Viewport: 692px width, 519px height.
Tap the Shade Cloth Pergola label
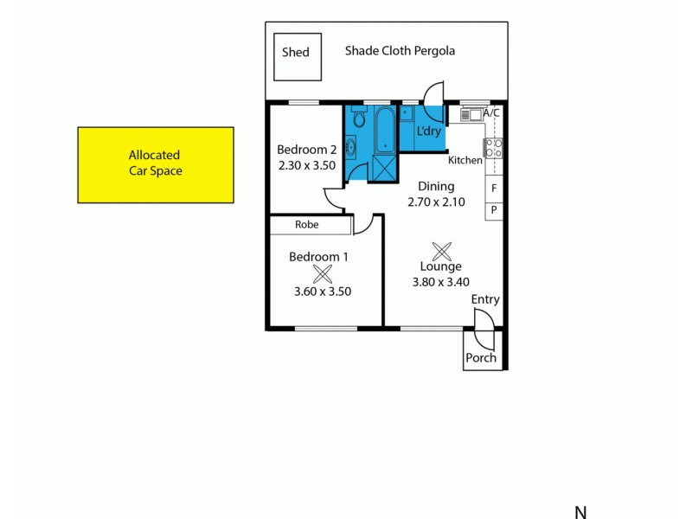coord(400,51)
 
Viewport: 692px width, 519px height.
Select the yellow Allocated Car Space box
coord(156,164)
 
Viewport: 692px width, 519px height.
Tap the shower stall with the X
coord(383,168)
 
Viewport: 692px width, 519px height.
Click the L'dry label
coord(430,131)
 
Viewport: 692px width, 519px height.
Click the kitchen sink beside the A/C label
coord(471,113)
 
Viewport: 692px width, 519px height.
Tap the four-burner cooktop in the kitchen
coord(494,148)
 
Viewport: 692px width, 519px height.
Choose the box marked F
coord(494,188)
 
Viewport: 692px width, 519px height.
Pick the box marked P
coord(494,209)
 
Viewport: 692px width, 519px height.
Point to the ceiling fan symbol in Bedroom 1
coord(323,274)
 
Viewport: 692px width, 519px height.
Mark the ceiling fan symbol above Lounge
coord(442,252)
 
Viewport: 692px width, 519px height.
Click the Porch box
coord(482,357)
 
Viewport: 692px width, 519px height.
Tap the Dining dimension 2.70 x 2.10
coord(437,202)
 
